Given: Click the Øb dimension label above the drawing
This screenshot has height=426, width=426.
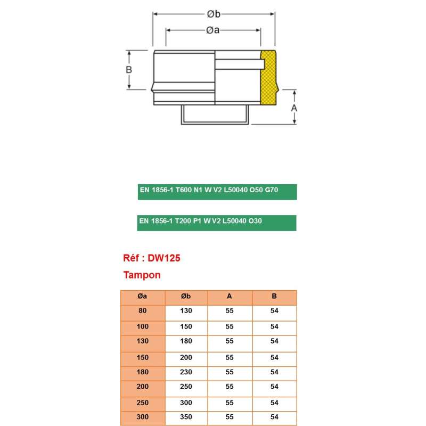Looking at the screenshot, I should tap(214, 14).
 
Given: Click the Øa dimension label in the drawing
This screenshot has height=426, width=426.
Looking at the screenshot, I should tap(213, 30).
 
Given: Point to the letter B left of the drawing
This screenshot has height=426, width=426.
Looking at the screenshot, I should tap(129, 70).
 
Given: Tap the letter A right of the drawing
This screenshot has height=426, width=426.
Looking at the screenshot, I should tap(294, 108).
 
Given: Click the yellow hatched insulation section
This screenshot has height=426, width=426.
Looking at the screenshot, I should tap(269, 77).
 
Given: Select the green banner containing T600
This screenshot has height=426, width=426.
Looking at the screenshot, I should tap(217, 191).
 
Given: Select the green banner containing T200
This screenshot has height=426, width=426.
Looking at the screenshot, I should tap(217, 223).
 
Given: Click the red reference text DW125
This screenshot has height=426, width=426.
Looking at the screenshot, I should tap(152, 258).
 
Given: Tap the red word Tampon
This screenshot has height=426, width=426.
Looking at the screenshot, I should tap(142, 275).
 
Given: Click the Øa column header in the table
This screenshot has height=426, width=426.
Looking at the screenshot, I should tap(143, 297).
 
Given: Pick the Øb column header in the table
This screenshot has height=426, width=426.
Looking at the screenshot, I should tap(186, 297).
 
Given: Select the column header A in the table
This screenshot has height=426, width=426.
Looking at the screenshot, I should tap(230, 297).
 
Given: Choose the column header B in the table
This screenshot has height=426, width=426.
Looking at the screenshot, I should tap(274, 297).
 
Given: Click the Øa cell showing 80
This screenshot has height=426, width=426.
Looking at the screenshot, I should tap(143, 310).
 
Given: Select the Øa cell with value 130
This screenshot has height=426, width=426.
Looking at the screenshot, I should tap(143, 341).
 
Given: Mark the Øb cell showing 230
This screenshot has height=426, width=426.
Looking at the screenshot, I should tap(186, 372).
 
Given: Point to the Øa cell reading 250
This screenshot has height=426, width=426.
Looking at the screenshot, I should tap(143, 403).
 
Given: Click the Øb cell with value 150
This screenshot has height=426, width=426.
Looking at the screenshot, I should tap(186, 326).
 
